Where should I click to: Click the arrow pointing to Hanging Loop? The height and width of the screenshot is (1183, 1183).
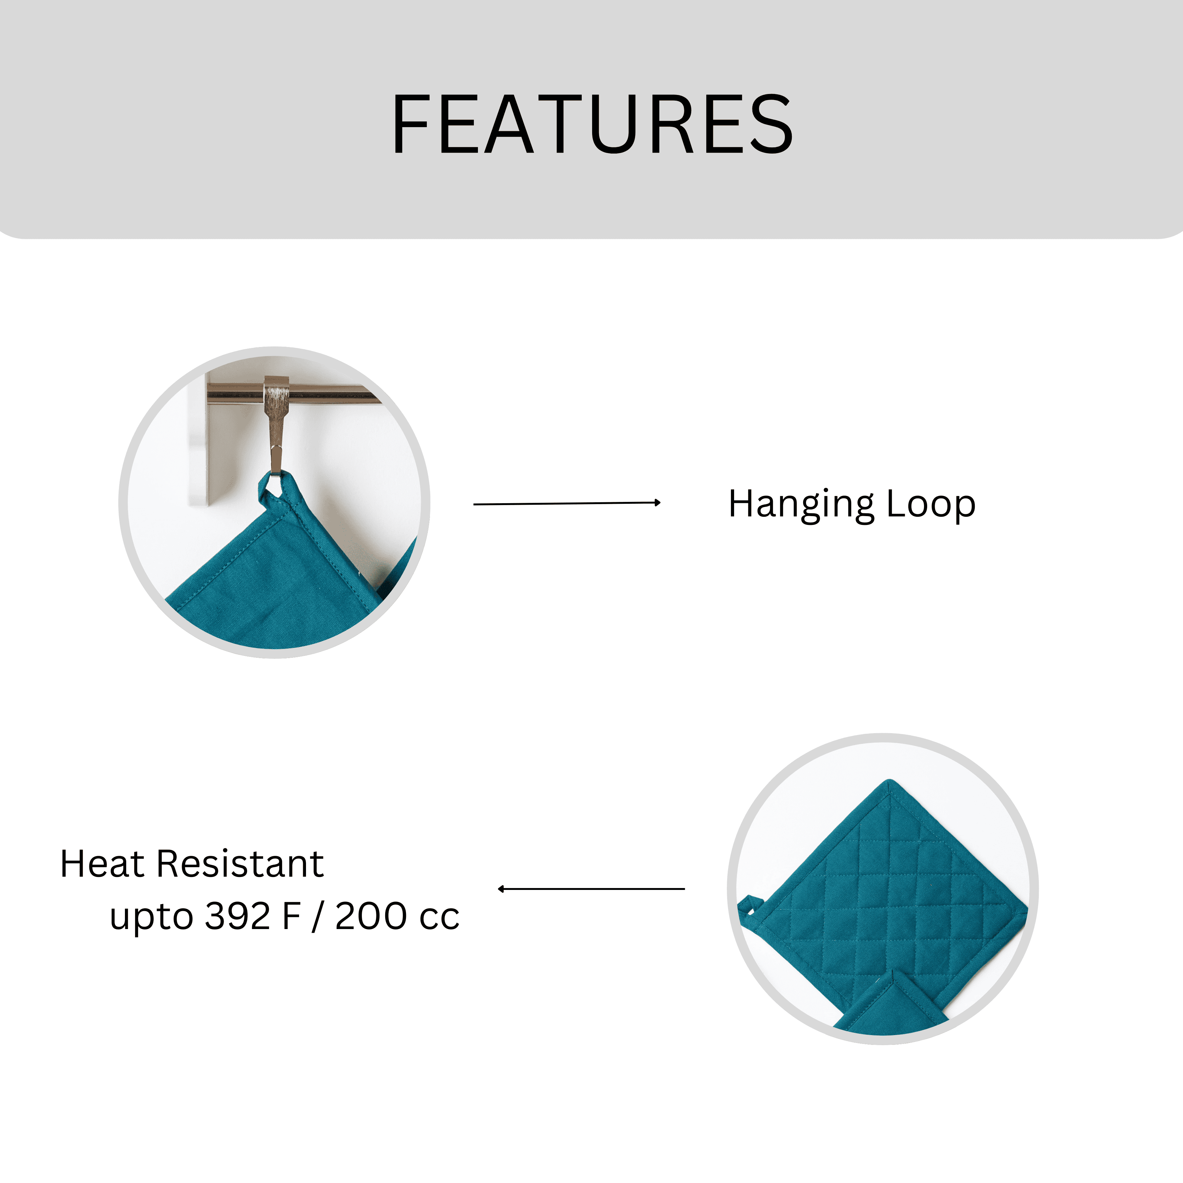(567, 503)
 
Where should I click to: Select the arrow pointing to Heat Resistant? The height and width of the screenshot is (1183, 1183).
(591, 888)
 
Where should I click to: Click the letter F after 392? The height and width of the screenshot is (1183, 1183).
(291, 917)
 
